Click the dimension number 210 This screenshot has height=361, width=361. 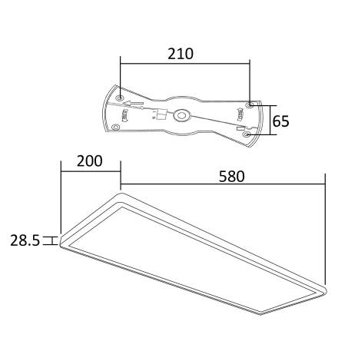click(180, 55)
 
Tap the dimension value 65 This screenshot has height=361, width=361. click(282, 121)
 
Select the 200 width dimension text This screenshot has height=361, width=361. click(89, 162)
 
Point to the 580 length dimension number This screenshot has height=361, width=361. click(230, 176)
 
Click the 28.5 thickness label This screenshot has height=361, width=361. click(25, 240)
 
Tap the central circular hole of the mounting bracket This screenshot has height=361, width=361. click(183, 116)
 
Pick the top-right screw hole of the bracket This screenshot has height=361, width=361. click(249, 103)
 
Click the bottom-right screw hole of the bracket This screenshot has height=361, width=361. click(247, 134)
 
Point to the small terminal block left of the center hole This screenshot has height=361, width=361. click(161, 114)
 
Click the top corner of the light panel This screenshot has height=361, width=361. click(121, 195)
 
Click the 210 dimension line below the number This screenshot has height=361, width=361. click(185, 65)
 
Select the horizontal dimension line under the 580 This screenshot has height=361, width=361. click(223, 185)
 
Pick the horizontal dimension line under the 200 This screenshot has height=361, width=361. click(91, 172)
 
